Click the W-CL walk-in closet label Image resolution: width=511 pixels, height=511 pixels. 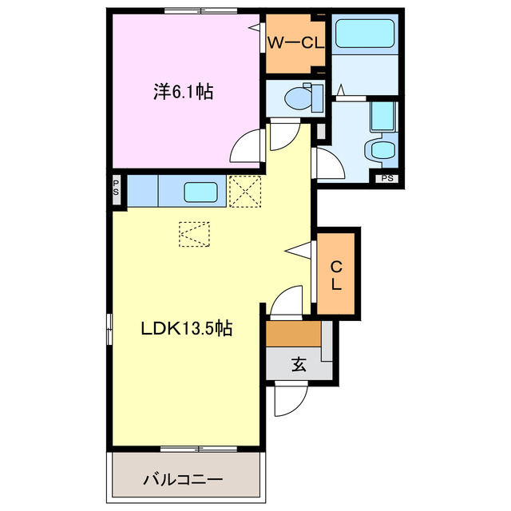[295, 43]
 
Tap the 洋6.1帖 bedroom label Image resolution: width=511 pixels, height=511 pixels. [184, 92]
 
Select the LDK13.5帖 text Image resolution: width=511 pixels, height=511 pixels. [186, 328]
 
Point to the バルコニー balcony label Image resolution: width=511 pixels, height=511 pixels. [183, 480]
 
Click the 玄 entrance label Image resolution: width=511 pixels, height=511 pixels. [299, 364]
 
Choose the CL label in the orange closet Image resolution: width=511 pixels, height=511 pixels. [336, 275]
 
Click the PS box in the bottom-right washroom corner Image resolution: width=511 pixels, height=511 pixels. [387, 178]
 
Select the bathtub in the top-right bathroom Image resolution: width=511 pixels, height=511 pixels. [365, 34]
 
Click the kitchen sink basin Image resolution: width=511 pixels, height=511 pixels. [200, 192]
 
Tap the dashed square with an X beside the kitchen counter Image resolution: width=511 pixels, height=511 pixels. [245, 192]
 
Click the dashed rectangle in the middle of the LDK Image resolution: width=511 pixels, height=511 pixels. [194, 234]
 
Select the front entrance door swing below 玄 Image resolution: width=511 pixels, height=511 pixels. [291, 399]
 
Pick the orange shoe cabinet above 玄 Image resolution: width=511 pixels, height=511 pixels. [293, 334]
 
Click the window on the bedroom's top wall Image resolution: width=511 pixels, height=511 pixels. [200, 11]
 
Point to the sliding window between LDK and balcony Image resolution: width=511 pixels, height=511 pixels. [199, 449]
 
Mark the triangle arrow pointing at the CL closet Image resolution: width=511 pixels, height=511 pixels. [298, 250]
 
